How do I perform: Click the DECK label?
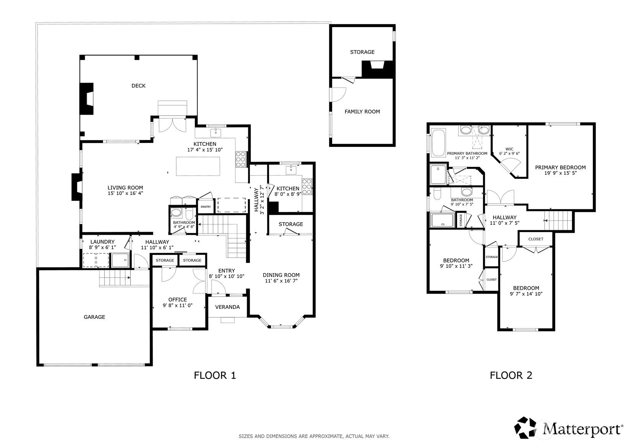click(138, 86)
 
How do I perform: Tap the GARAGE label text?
click(94, 317)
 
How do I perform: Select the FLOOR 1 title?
click(215, 375)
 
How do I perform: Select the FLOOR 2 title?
click(511, 375)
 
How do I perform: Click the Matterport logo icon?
click(525, 427)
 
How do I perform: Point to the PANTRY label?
click(205, 207)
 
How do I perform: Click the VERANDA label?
click(228, 307)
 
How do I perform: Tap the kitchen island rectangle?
click(198, 166)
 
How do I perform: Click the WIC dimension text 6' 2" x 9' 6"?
click(510, 153)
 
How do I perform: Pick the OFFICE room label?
click(177, 300)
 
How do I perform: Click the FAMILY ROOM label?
click(362, 112)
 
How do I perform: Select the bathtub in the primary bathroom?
click(438, 143)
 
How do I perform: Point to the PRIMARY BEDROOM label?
click(560, 167)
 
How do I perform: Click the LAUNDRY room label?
click(103, 242)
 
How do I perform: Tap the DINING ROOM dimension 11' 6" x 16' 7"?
click(281, 281)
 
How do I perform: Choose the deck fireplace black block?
click(86, 99)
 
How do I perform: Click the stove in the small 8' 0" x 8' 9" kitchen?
click(307, 187)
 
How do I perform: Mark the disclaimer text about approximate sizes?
click(314, 436)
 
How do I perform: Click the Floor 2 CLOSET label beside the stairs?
click(536, 239)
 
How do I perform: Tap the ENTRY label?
click(226, 271)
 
